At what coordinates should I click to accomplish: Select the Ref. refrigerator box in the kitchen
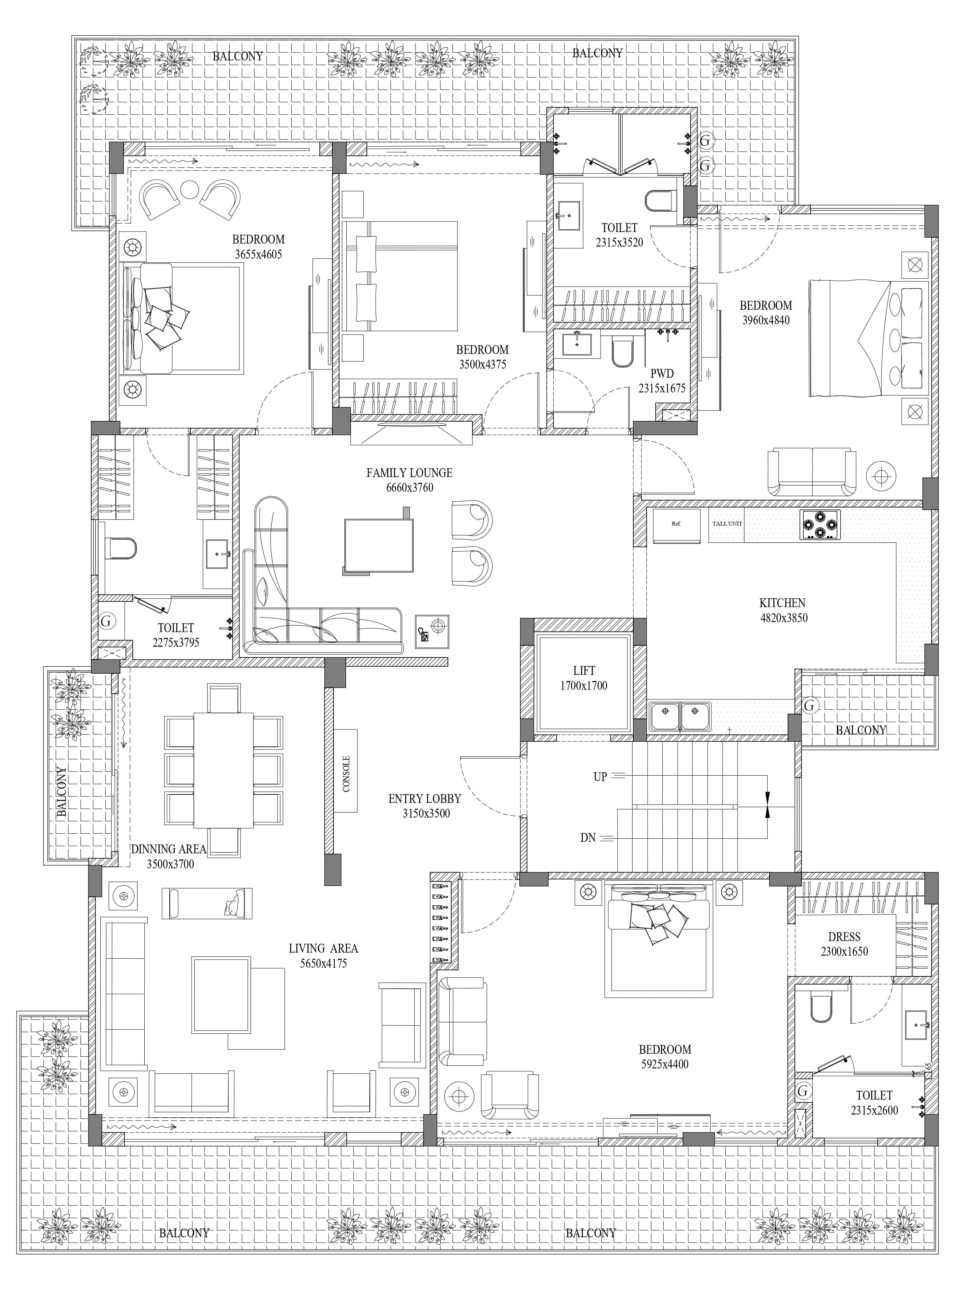click(x=676, y=525)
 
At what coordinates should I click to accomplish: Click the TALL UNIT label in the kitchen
click(x=727, y=524)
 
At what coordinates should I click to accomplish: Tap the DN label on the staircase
click(x=588, y=838)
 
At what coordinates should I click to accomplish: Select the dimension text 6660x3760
click(x=410, y=487)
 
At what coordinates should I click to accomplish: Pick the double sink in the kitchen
click(x=679, y=716)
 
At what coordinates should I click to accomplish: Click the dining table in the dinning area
click(x=223, y=770)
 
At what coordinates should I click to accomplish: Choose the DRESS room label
click(x=844, y=937)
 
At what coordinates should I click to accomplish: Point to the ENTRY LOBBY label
click(x=424, y=799)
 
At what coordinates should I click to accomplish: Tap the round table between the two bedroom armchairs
click(x=190, y=189)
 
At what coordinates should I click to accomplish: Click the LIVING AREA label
click(x=323, y=949)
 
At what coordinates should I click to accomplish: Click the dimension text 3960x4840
click(x=766, y=320)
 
